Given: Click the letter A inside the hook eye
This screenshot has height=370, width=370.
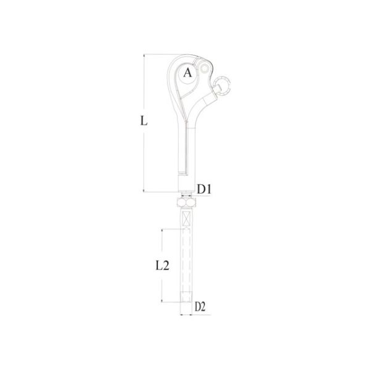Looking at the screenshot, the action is tap(187, 73).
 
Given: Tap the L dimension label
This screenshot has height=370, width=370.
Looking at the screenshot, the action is tap(144, 121).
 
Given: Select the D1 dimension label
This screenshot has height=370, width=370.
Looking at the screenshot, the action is tap(204, 189).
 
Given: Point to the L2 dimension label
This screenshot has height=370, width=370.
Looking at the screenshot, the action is tap(163, 265).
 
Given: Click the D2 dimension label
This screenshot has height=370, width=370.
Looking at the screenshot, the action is tap(200, 306).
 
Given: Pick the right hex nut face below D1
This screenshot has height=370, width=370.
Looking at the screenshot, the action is tap(191, 202).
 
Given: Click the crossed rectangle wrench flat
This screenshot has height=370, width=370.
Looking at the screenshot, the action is tap(186, 218).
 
